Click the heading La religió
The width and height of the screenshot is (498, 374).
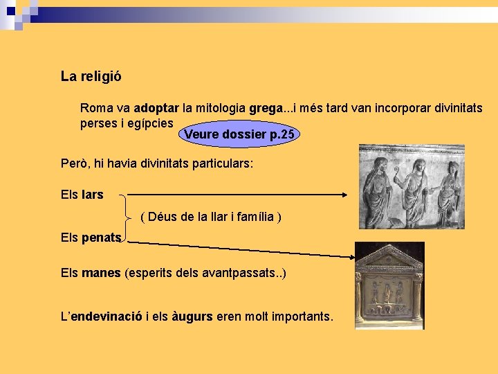91,77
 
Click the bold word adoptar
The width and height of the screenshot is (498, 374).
156,109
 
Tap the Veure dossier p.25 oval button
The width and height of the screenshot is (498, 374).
240,134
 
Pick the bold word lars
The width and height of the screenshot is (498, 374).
92,195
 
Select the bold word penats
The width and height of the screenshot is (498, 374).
101,238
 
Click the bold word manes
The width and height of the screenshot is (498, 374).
101,273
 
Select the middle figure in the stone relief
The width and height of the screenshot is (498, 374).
416,186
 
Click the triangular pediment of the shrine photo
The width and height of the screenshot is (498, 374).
389,258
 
